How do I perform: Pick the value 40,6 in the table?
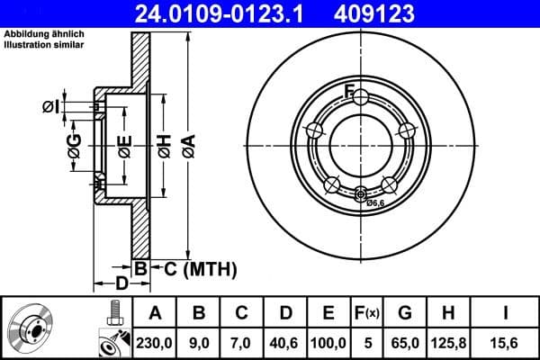click(x=285, y=341)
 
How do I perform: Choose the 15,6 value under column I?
click(x=506, y=341)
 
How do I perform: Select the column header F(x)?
click(x=367, y=314)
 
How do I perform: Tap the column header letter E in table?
click(x=328, y=314)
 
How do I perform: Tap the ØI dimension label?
click(x=51, y=107)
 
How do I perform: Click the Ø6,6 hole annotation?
click(x=374, y=203)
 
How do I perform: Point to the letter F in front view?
click(x=351, y=89)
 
